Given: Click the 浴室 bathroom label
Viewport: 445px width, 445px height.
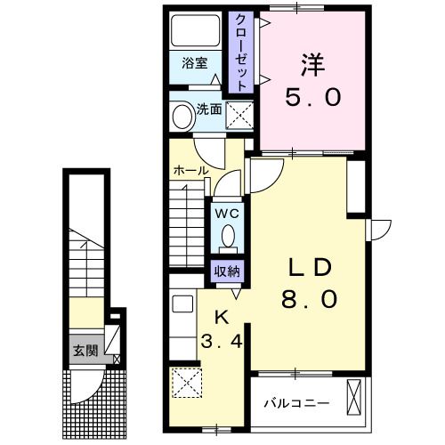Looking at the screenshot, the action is [x=195, y=63].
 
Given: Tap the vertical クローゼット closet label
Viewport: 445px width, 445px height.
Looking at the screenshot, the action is [x=241, y=53].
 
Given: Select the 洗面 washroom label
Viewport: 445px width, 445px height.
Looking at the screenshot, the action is [x=209, y=109].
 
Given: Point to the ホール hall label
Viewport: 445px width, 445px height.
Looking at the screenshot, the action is [x=191, y=171].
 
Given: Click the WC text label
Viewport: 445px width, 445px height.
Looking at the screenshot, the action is [x=227, y=214].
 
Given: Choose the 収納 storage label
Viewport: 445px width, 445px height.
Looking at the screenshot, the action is [x=227, y=271].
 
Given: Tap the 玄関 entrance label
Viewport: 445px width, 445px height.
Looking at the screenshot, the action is [x=85, y=351].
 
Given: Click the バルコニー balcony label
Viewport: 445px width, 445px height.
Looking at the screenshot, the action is [x=297, y=403].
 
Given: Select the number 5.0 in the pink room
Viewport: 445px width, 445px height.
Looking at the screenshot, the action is [x=312, y=97].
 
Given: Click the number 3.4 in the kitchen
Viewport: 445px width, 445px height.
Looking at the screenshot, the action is [x=222, y=341].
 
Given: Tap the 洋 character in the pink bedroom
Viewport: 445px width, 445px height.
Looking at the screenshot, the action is [x=313, y=65].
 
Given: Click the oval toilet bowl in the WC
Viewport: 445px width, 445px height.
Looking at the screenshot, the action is [x=228, y=236].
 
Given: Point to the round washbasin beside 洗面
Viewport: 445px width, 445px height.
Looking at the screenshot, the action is [x=183, y=117].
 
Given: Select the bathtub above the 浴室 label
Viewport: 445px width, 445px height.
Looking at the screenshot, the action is [x=195, y=31].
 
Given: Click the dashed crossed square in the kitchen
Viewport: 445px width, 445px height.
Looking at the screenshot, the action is [x=187, y=383].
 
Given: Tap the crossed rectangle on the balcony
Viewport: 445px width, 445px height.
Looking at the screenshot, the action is [x=354, y=397].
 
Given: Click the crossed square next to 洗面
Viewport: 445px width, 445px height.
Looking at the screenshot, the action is [x=239, y=115].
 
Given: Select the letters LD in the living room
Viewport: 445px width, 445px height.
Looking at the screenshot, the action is [x=310, y=267].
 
